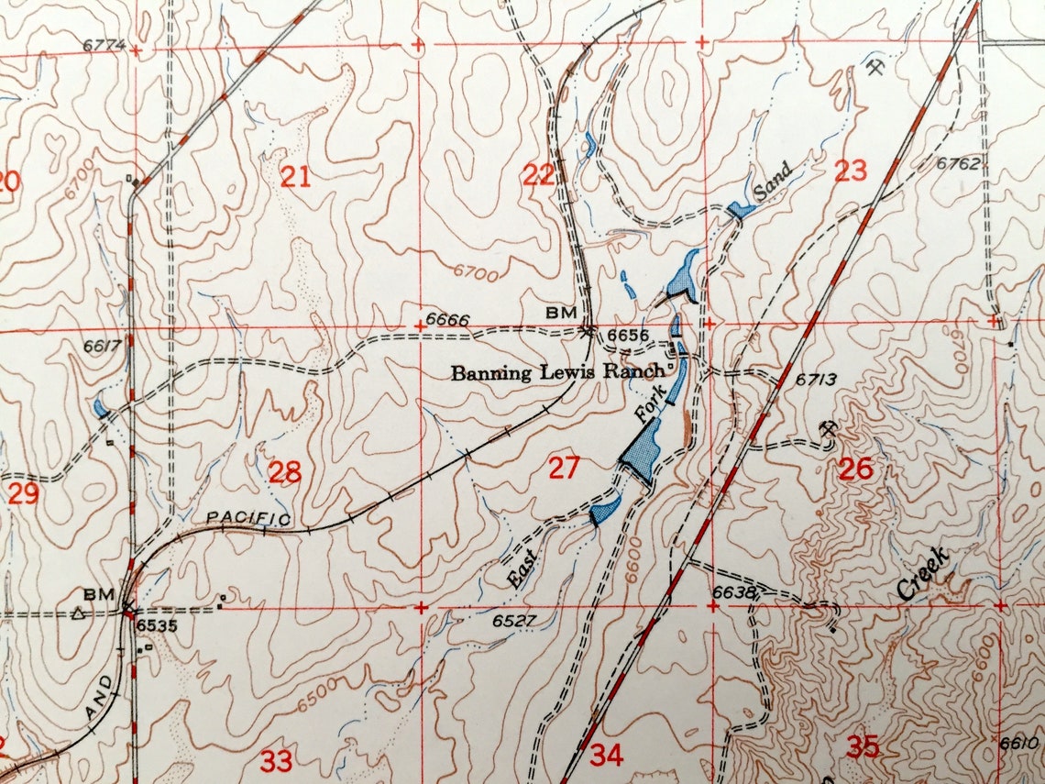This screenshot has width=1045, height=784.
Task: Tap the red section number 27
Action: [x=564, y=469]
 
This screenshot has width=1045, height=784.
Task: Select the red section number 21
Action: [x=295, y=176]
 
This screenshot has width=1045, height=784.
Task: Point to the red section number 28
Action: [x=285, y=473]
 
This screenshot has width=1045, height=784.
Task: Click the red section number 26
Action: [x=855, y=469]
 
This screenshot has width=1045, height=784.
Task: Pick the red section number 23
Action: [x=851, y=171]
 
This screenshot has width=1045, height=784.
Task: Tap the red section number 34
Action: [x=606, y=756]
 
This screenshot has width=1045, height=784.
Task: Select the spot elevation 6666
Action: [x=448, y=321]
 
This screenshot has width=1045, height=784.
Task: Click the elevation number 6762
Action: [x=959, y=164]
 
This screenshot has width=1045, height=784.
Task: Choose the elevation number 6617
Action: [x=102, y=346]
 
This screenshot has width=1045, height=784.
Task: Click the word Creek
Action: [x=926, y=573]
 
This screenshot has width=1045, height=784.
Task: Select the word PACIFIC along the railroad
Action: [x=247, y=518]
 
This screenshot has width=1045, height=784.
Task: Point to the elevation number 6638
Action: [x=733, y=593]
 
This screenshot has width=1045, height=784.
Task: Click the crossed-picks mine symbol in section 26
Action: [x=829, y=428]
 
